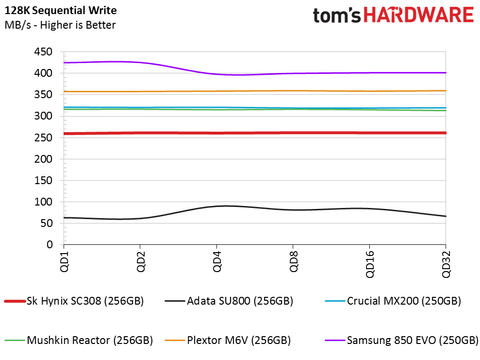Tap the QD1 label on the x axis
point(65,262)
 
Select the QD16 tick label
point(369,265)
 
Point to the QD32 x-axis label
point(445,265)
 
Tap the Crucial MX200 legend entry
point(411,300)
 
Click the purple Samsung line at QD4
point(218,74)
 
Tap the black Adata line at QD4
point(218,206)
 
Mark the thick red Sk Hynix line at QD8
point(294,133)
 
